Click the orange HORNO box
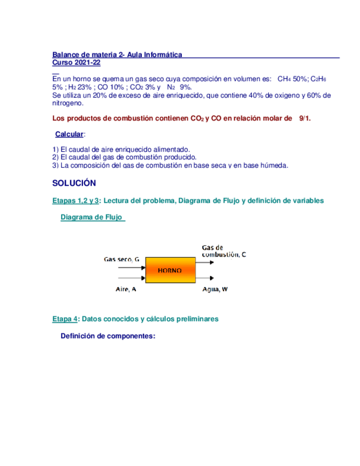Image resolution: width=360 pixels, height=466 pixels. tap(170, 271)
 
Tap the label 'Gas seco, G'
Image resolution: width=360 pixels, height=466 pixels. tap(121, 258)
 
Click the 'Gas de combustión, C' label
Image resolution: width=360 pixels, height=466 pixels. tap(224, 251)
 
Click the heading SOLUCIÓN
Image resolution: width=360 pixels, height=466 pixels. tap(74, 183)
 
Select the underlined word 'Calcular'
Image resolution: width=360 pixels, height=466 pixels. tap(70, 135)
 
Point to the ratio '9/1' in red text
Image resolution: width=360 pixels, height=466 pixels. tap(304, 119)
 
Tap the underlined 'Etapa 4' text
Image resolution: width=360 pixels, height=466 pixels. tap(65, 318)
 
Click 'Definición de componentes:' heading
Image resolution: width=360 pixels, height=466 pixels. tap(108, 336)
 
